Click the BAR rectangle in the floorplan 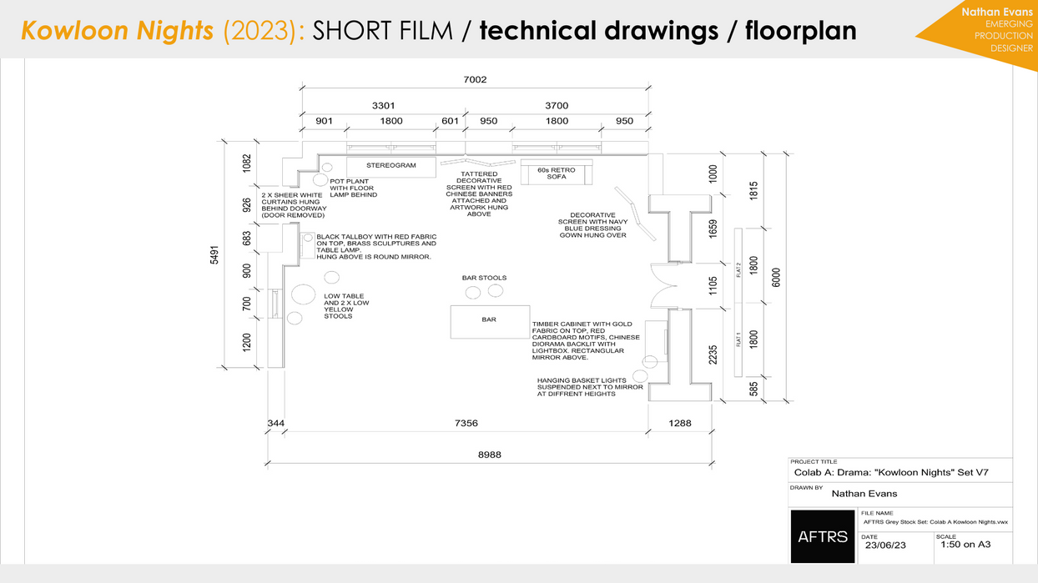(x=489, y=321)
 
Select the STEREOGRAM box (x=391, y=166)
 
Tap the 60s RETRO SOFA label (x=556, y=173)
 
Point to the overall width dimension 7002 (x=475, y=79)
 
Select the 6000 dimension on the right (x=777, y=277)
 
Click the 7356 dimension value (x=466, y=424)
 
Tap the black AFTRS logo (x=823, y=535)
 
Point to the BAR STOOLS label (x=484, y=278)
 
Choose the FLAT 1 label (x=738, y=339)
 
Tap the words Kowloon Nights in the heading (x=118, y=31)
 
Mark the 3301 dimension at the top (x=383, y=106)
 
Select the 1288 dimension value (x=680, y=424)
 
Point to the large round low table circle (x=303, y=294)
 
